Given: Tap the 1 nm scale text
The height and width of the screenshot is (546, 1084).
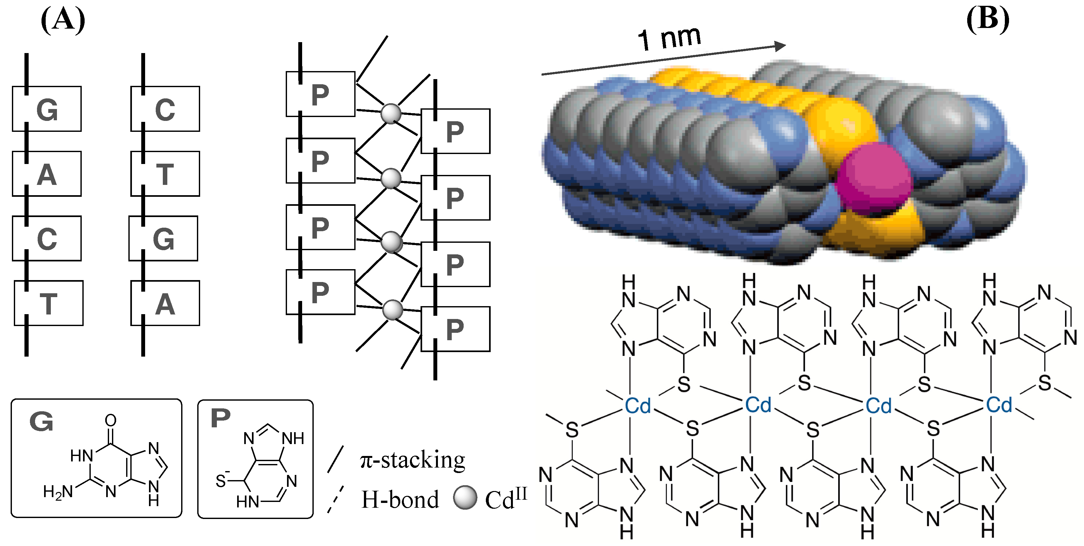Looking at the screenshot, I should point(669,38).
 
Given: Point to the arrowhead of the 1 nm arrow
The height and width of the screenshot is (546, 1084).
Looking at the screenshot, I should point(781,45).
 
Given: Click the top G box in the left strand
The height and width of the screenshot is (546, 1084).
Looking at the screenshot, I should point(47,109).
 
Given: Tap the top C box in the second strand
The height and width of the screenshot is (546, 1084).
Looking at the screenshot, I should point(165,109).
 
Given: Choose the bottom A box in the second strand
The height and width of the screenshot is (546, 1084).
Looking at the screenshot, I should point(165,303).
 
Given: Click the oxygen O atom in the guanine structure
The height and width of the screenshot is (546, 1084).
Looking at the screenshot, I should point(111,420).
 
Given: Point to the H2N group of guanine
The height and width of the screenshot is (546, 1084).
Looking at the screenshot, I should point(58,492).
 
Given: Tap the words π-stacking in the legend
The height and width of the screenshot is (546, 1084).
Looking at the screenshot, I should point(412,460).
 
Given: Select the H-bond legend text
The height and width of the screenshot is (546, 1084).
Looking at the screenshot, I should point(400,500).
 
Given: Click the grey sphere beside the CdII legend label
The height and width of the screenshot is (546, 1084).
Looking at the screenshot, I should point(465,498).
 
